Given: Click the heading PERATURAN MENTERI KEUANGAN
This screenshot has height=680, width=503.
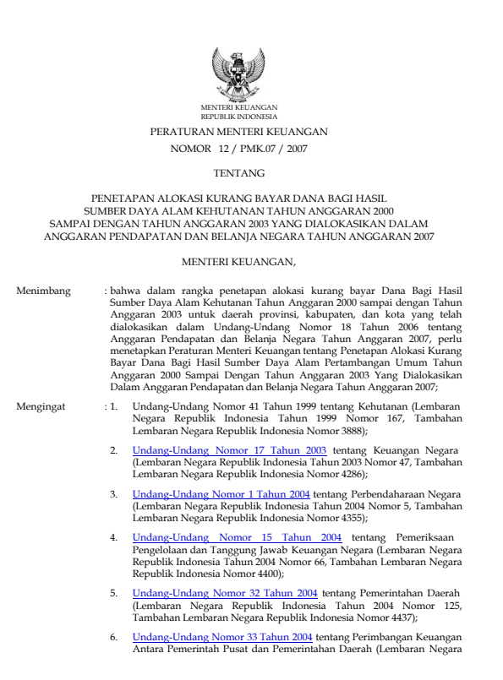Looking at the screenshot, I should point(238,133).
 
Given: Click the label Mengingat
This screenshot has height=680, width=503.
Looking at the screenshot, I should point(41,407).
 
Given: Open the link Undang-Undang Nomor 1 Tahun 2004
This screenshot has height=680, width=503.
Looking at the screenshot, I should point(221,493).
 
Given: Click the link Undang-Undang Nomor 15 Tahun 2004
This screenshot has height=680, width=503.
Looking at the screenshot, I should point(237,536).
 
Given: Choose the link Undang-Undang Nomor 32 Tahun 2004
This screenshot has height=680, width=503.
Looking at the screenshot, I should point(225,593).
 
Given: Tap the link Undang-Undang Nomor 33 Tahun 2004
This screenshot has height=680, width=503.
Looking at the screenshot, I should point(223,636).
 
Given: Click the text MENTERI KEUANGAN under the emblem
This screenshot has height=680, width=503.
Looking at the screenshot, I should point(238,107).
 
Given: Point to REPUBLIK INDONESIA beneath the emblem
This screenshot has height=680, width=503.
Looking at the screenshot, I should point(238,116).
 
